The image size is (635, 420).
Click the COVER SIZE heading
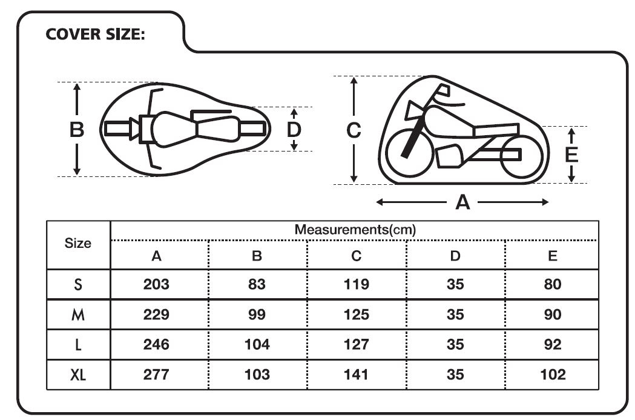[95, 34]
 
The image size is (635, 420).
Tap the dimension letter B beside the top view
[77, 130]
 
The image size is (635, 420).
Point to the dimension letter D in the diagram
[294, 130]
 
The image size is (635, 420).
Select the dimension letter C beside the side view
[354, 130]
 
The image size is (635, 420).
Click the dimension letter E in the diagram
[571, 155]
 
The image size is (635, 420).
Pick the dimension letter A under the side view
[462, 202]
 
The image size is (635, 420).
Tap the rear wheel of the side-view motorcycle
[522, 156]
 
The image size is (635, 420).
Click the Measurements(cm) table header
[355, 230]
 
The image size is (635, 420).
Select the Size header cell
[77, 243]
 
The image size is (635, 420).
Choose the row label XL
[78, 375]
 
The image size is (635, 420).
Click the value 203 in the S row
[156, 284]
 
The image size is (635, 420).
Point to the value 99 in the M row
[257, 315]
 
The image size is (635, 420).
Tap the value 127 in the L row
[356, 345]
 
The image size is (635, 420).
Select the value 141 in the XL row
[356, 375]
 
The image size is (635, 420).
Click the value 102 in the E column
[553, 375]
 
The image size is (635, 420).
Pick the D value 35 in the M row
[455, 315]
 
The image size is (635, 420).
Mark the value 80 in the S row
[553, 284]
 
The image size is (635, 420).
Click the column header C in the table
[356, 256]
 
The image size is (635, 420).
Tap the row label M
[78, 315]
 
